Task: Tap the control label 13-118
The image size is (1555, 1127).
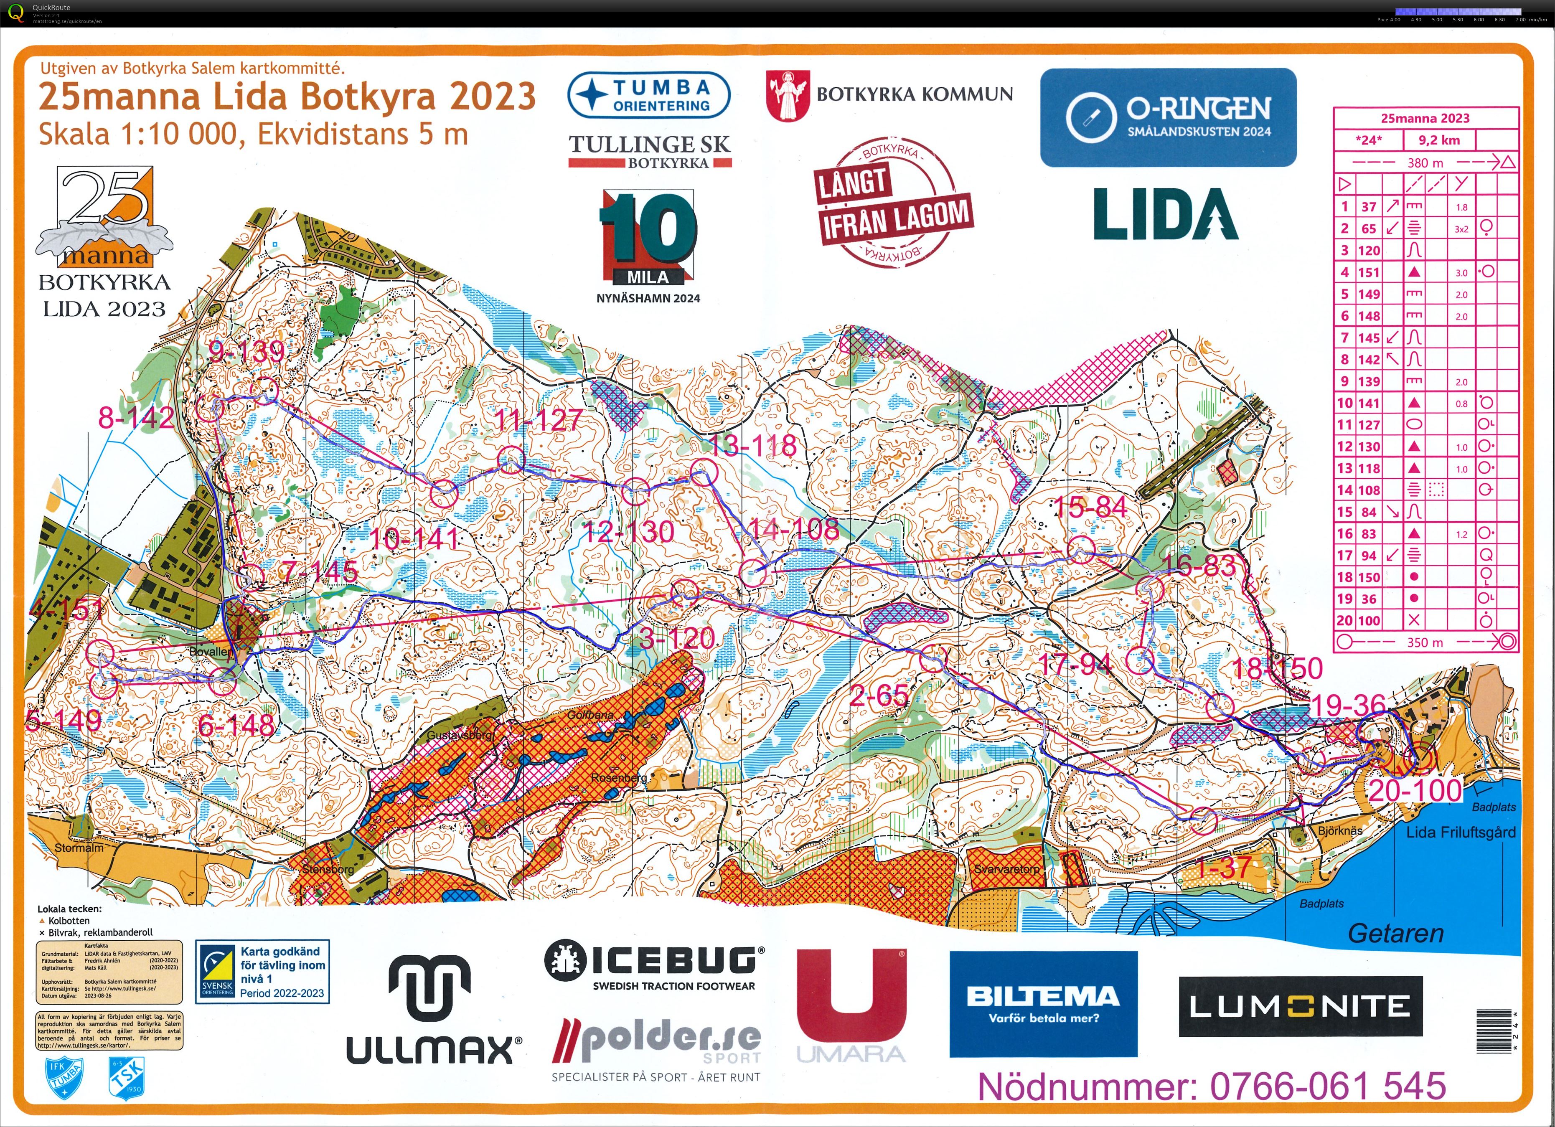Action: pos(752,446)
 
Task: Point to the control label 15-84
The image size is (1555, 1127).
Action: pos(1090,507)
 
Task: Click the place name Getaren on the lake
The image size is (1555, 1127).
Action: pos(1395,933)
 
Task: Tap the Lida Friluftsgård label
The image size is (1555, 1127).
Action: pos(1461,832)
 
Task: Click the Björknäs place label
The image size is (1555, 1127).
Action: pos(1340,830)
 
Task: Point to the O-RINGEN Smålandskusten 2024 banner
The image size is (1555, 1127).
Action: pos(1168,117)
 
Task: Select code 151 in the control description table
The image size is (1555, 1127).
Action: pos(1369,272)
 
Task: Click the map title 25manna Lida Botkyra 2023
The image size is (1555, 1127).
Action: pos(287,96)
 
